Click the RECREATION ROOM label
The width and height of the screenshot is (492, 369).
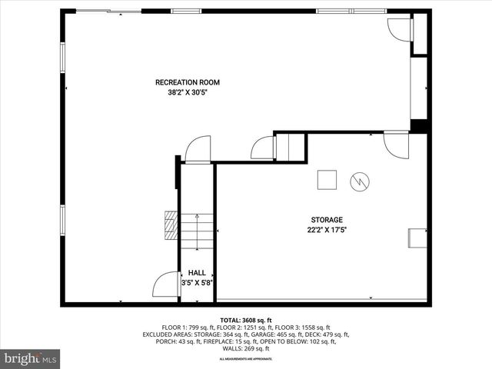coord(188,82)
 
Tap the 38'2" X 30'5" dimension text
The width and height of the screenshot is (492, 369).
coord(188,92)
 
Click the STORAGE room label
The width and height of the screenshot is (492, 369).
coord(327,219)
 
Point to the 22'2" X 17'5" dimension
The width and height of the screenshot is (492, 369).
coord(327,229)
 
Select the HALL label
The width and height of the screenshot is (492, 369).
coord(197,273)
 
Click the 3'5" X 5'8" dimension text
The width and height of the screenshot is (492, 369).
coord(197,283)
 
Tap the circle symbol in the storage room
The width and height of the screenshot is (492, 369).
coord(360,181)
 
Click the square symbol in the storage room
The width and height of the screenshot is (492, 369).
coord(327,179)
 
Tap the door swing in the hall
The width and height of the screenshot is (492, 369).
coord(167,285)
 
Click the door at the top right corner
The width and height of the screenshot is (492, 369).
coord(400,28)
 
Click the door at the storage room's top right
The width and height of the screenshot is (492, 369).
coord(397,145)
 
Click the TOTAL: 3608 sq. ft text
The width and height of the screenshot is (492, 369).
coord(246,320)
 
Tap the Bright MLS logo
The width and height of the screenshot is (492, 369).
coord(31,358)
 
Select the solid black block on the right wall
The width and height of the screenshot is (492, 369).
coord(419,125)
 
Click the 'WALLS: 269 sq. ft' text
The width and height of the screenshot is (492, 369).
coord(245,348)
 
